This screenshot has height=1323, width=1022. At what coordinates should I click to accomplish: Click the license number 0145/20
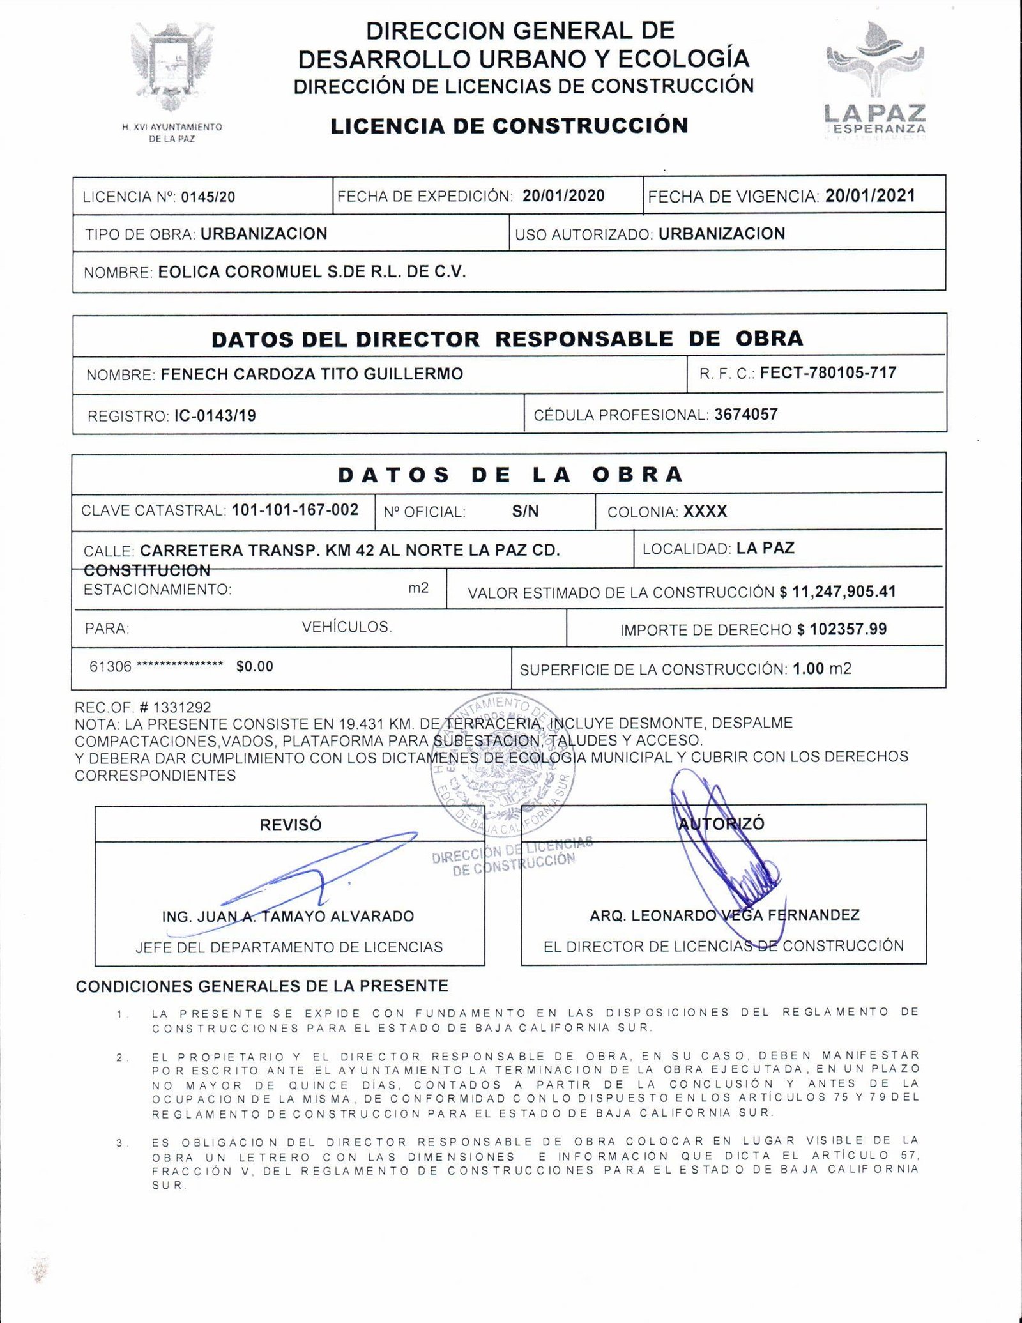pos(208,197)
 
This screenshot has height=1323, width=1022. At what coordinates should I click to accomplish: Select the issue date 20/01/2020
pos(563,195)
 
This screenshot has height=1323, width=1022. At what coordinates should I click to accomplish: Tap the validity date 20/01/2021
pos(870,195)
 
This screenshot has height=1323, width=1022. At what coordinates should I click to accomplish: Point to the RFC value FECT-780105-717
pos(828,372)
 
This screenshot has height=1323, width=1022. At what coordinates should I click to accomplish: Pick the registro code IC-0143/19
pos(215,416)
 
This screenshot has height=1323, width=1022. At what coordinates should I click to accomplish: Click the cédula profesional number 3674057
pos(745,414)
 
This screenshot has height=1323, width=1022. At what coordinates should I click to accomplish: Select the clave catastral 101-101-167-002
pos(295,510)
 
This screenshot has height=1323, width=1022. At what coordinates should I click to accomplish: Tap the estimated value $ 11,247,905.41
pos(837,592)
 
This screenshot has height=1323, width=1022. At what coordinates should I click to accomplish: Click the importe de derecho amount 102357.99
pos(848,629)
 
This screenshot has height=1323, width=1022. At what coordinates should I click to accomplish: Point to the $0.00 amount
pos(254,666)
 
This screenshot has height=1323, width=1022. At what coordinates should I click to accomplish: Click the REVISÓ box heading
pos(291,825)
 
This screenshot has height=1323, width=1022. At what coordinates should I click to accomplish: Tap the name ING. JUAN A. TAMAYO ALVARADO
pos(288,916)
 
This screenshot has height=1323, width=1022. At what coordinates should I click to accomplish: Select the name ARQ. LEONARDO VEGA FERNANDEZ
pos(724,915)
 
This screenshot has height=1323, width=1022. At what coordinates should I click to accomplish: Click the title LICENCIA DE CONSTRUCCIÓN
pos(509,125)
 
